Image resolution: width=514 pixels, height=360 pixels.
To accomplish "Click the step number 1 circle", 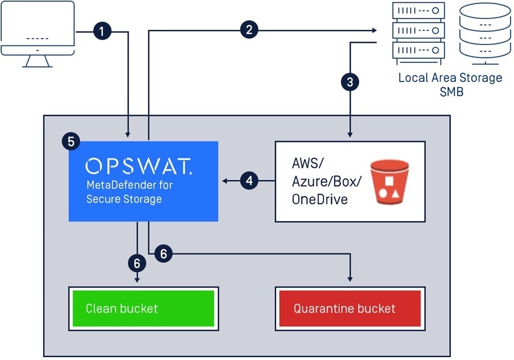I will (102, 31).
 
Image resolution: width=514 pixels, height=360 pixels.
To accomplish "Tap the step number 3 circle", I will (349, 82).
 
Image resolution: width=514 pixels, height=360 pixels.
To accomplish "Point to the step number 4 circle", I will (249, 181).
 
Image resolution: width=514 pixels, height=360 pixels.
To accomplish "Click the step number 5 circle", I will (71, 141).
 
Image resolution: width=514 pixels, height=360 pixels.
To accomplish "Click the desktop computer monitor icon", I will (38, 34).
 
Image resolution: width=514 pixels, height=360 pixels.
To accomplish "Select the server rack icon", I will (418, 31).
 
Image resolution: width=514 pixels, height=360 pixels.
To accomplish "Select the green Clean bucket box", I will (143, 308).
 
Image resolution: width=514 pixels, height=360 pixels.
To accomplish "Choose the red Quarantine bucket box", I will (349, 308).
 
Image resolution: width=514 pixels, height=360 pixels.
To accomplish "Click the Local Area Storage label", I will (450, 77).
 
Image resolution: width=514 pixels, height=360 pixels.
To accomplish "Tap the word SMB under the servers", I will (450, 91).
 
